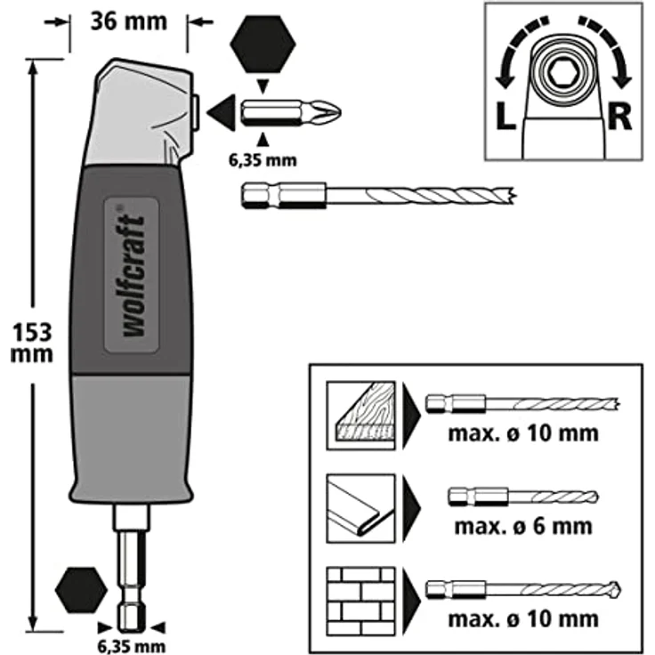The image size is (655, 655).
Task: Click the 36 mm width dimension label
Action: (129, 21)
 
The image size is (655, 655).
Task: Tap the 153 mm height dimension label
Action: (32, 344)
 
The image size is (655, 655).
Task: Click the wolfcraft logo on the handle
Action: (133, 275)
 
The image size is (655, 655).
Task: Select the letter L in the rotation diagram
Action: (505, 116)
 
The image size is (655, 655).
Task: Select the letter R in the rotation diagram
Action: (620, 116)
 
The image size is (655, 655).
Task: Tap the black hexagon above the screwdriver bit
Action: (263, 44)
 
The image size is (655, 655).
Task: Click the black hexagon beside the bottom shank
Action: (81, 590)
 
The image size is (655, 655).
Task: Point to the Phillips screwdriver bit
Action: (291, 113)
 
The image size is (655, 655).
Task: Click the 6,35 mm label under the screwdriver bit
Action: (263, 160)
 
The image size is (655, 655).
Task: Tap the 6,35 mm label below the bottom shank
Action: (132, 646)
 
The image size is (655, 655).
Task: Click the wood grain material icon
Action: (360, 415)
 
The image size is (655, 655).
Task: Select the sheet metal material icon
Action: (360, 508)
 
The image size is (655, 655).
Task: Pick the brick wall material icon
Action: (360, 602)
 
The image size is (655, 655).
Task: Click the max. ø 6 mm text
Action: (523, 526)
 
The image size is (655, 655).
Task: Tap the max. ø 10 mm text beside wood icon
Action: (523, 433)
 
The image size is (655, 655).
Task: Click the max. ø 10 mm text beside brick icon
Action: (523, 619)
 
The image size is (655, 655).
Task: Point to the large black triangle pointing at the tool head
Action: (222, 113)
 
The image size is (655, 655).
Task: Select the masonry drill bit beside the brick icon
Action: (523, 590)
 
